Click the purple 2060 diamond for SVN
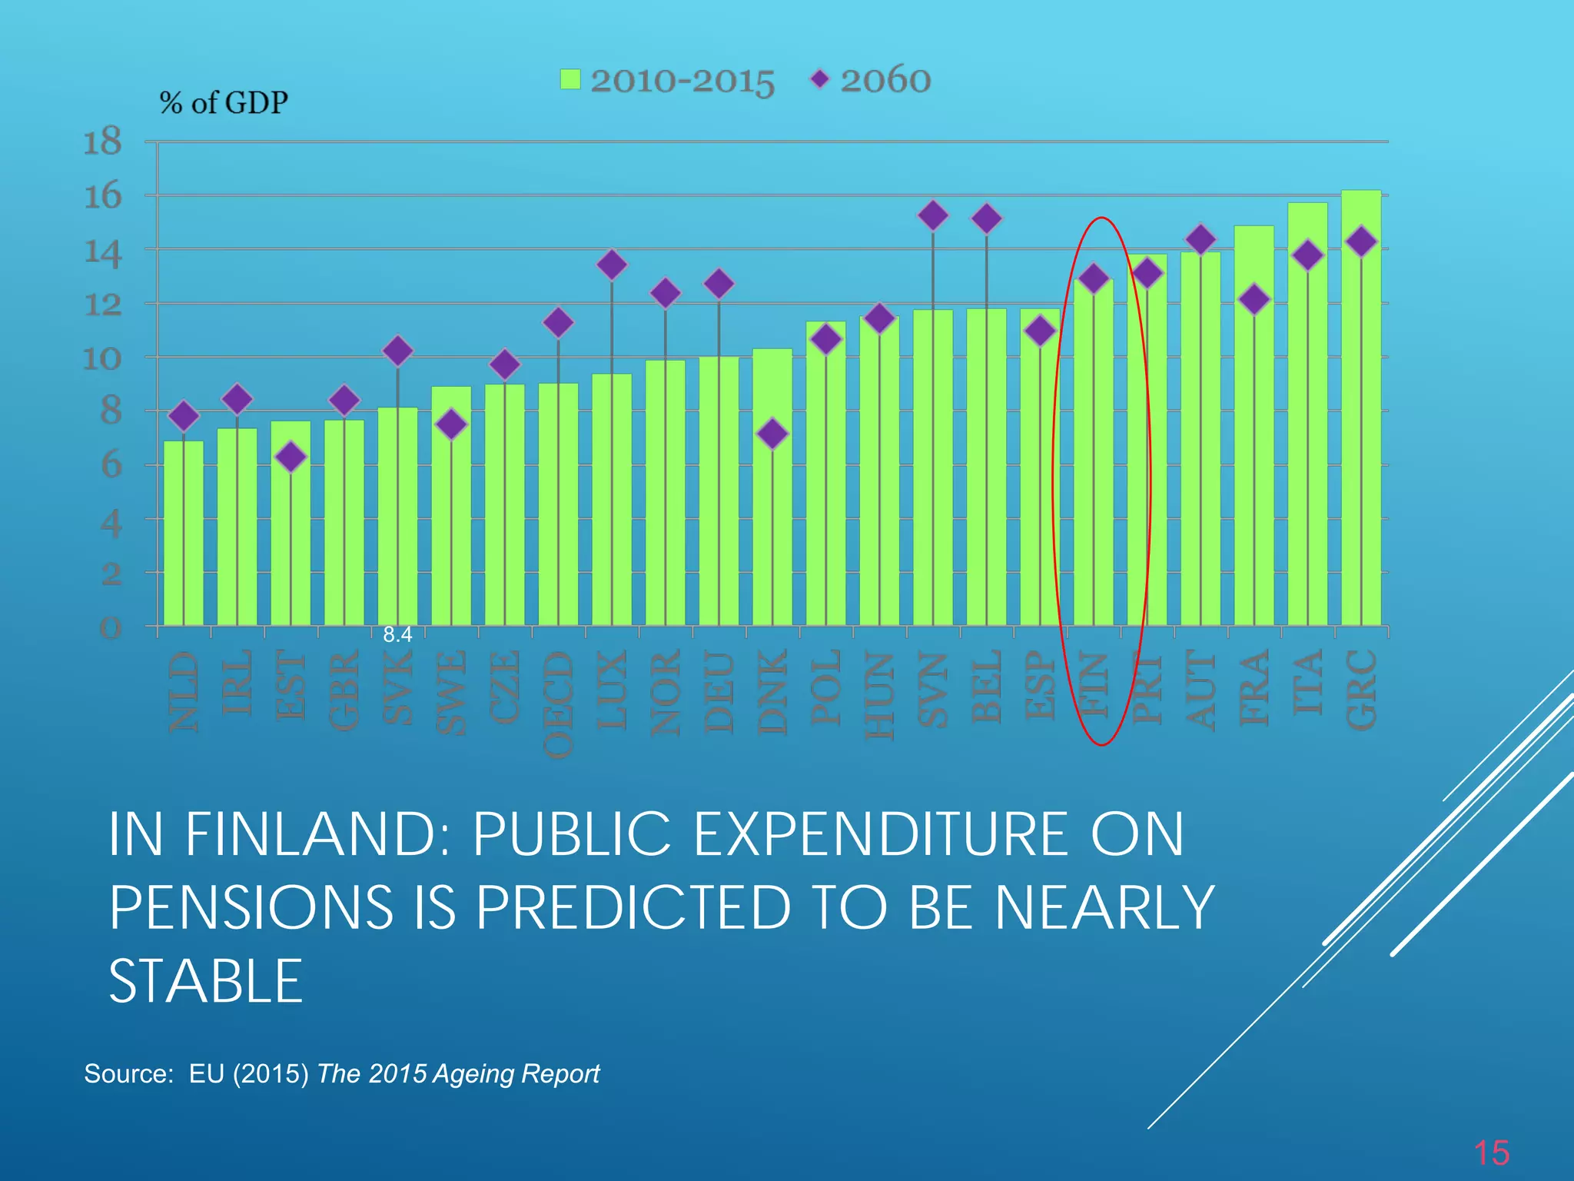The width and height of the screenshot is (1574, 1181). (x=933, y=215)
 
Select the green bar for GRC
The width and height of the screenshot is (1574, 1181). (x=1361, y=431)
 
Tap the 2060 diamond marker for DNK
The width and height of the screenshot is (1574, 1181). (x=772, y=434)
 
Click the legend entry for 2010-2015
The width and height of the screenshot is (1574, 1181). (x=667, y=80)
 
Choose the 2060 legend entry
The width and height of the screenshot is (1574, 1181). (x=872, y=80)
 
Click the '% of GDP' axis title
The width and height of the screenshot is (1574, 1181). (x=224, y=102)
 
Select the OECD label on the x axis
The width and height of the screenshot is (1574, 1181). (x=559, y=704)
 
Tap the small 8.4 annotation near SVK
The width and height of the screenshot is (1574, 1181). (x=397, y=634)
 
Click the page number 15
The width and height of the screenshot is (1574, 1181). (x=1491, y=1153)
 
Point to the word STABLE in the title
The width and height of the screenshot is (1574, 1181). (x=206, y=982)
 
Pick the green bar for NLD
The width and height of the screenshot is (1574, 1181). (x=184, y=538)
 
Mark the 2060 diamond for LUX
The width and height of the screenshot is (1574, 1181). (x=612, y=264)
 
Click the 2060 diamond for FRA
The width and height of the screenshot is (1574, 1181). (x=1254, y=299)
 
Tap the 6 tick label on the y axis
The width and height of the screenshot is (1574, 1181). (x=112, y=465)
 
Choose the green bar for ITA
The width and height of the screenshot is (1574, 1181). (x=1307, y=446)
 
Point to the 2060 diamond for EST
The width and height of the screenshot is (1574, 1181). (x=291, y=457)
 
